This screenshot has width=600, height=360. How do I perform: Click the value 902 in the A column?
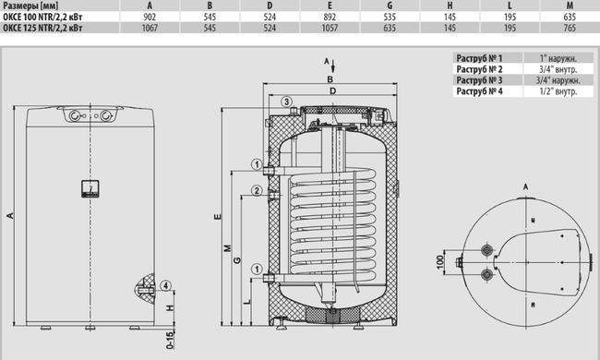click(x=150, y=18)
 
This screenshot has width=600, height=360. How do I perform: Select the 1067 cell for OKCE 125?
click(x=150, y=28)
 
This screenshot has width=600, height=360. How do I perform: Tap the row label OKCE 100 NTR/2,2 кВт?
click(x=42, y=18)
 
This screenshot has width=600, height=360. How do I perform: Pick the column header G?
click(x=390, y=6)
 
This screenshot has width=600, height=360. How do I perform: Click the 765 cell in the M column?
click(x=570, y=28)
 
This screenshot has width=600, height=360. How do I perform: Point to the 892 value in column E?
click(x=330, y=18)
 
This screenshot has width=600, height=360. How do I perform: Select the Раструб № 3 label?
click(x=479, y=80)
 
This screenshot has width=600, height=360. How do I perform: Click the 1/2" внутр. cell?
click(x=558, y=91)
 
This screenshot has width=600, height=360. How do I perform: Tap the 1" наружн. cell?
click(x=558, y=58)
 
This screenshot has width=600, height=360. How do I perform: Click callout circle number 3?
click(x=286, y=102)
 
